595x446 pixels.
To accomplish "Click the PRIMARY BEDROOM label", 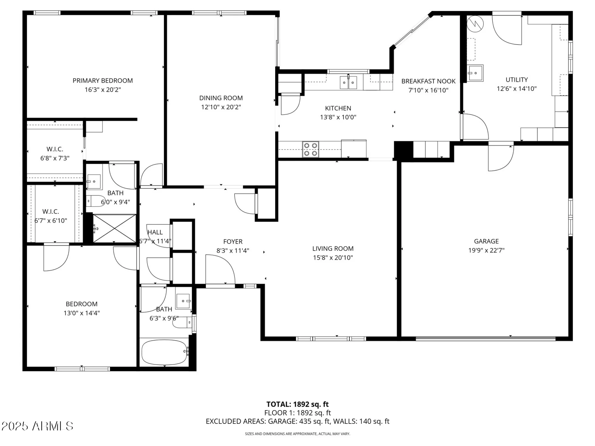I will point(103,81).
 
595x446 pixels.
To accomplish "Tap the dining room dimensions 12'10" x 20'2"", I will point(221,107).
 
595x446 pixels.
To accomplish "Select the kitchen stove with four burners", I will point(310,149).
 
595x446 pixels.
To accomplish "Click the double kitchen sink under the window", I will point(348,82).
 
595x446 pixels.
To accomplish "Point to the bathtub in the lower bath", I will point(164,352).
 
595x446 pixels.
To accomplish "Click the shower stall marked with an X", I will point(114,228).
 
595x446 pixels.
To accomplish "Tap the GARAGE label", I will point(486,241).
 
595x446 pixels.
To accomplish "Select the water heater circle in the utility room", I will point(475,24).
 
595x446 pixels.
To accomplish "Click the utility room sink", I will point(475,73).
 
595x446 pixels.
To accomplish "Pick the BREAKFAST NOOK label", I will point(428,81).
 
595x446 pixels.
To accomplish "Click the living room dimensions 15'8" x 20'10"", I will point(333,257).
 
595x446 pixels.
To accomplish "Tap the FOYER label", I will point(233,241).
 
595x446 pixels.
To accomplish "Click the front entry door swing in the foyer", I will point(220,269).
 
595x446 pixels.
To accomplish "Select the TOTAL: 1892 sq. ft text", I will point(297,404).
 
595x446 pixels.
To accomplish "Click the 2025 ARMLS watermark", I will point(37,426).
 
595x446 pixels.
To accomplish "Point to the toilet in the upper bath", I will point(96,201).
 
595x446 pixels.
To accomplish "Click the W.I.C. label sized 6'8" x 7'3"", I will point(55,149).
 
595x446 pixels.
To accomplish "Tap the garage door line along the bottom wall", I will point(485,338).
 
